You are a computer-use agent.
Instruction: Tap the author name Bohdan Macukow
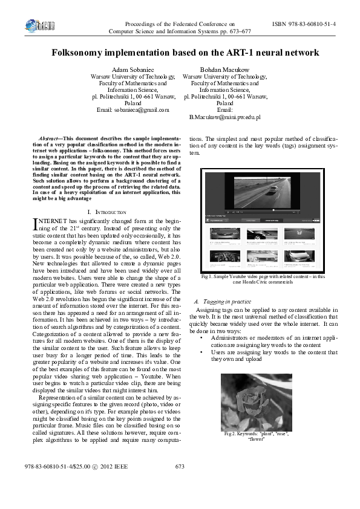(224, 70)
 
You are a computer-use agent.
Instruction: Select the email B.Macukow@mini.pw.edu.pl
(224, 117)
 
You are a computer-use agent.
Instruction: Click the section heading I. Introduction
(106, 212)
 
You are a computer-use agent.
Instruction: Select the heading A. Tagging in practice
(220, 301)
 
